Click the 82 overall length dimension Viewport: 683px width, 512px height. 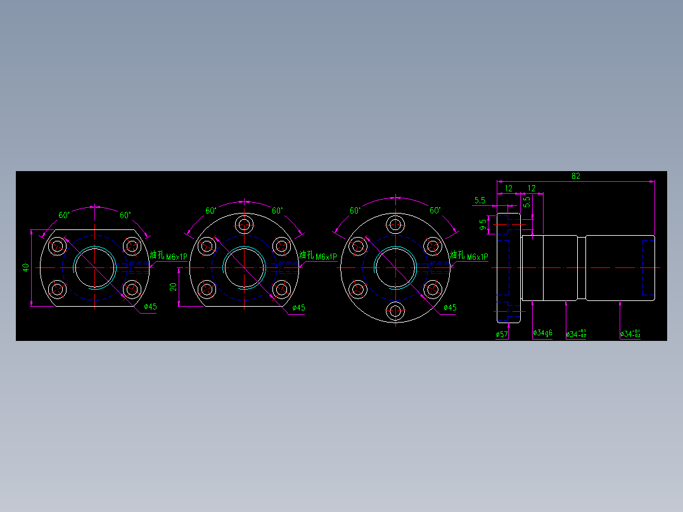click(575, 176)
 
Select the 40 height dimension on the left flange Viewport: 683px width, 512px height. click(26, 267)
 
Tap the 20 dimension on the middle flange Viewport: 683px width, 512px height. click(173, 287)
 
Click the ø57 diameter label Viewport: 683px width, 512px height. click(501, 333)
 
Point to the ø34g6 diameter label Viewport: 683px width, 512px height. click(543, 333)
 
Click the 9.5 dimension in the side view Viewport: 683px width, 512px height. click(483, 224)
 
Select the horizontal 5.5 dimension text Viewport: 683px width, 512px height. click(480, 200)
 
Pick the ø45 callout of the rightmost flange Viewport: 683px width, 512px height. click(449, 308)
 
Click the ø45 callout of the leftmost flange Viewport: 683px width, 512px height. click(150, 307)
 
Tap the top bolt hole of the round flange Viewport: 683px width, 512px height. click(396, 224)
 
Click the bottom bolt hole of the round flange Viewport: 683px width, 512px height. click(396, 310)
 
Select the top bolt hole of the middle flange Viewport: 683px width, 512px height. click(245, 224)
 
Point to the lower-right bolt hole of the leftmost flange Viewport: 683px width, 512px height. click(131, 290)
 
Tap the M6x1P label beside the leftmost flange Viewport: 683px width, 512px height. click(176, 257)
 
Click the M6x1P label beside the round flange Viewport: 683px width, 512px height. click(477, 257)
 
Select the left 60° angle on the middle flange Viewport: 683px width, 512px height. click(211, 210)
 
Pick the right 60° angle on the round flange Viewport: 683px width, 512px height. click(435, 210)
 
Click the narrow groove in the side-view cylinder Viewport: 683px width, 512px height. click(581, 268)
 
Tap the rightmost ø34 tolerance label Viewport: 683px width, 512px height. click(630, 333)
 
